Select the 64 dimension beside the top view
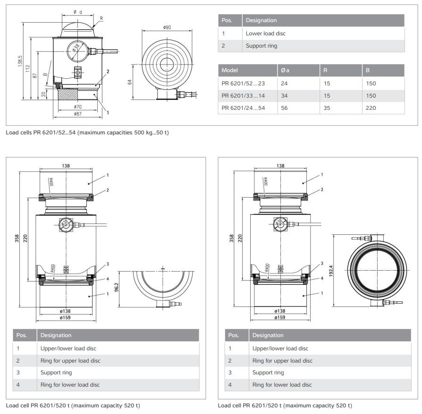tap(130, 81)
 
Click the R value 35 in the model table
tap(328, 108)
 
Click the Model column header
tap(230, 70)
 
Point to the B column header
tap(368, 70)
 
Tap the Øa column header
tap(285, 70)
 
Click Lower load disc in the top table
tap(266, 33)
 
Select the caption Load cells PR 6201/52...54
tap(87, 132)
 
